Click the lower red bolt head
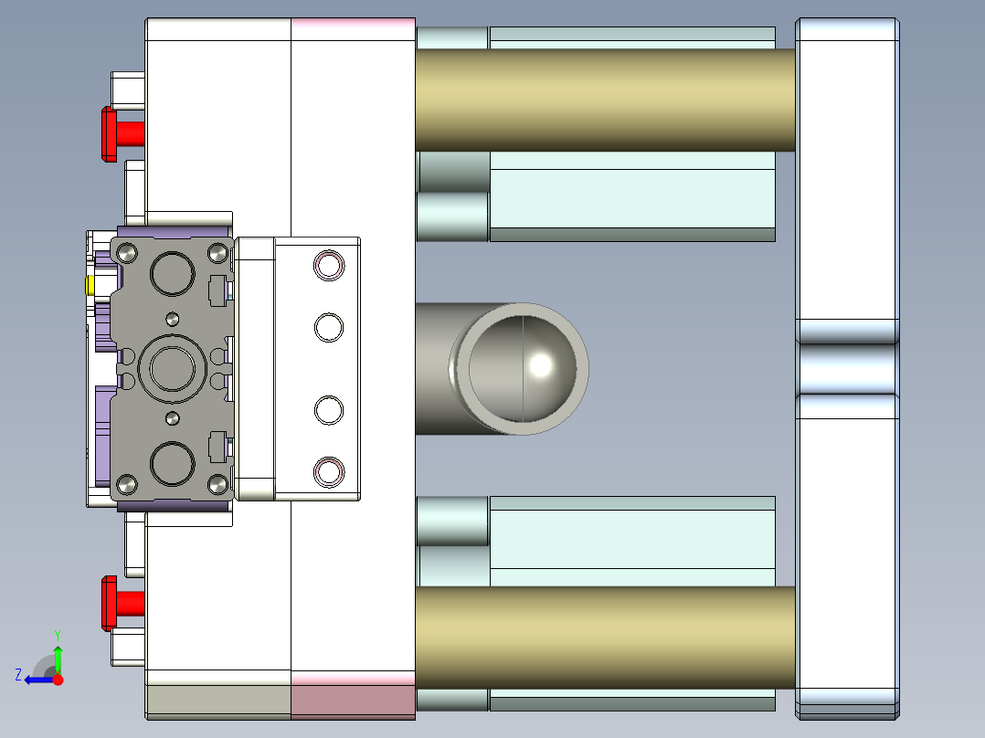point(109,603)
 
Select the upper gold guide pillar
point(603,100)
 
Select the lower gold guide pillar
point(603,638)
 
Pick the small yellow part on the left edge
point(90,286)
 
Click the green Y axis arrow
point(58,657)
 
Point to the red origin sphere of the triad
point(58,680)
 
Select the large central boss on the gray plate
point(173,370)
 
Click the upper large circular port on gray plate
point(173,273)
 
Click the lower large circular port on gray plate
point(173,464)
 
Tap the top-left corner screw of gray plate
point(127,251)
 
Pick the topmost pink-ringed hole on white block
point(328,265)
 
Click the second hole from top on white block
point(328,327)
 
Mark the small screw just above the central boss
point(172,319)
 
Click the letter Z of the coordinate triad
point(18,675)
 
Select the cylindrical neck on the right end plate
point(846,368)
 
